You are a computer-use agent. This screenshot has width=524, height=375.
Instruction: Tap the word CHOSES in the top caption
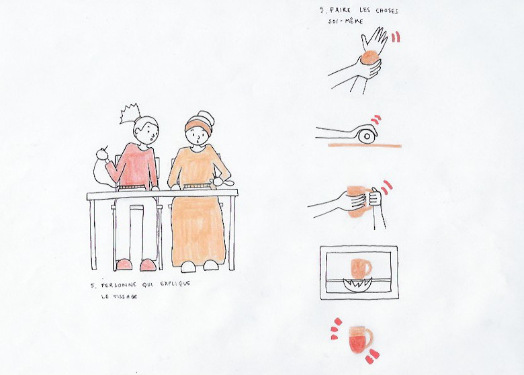point(387,11)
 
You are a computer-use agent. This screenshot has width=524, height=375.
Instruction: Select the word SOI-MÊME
point(345,21)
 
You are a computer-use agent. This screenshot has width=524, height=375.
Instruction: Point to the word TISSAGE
point(120,296)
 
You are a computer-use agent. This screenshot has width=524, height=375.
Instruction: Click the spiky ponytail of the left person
point(129,114)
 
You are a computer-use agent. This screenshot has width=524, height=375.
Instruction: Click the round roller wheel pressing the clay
point(367,134)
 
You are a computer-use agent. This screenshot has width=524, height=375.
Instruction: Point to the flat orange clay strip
point(364,145)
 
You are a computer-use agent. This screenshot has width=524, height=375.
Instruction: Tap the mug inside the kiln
point(360,267)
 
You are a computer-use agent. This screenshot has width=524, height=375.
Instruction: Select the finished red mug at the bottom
point(360,339)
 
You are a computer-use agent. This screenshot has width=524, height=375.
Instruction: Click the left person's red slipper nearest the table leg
point(124,264)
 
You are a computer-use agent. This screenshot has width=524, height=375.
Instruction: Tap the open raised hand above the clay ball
point(374,38)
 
